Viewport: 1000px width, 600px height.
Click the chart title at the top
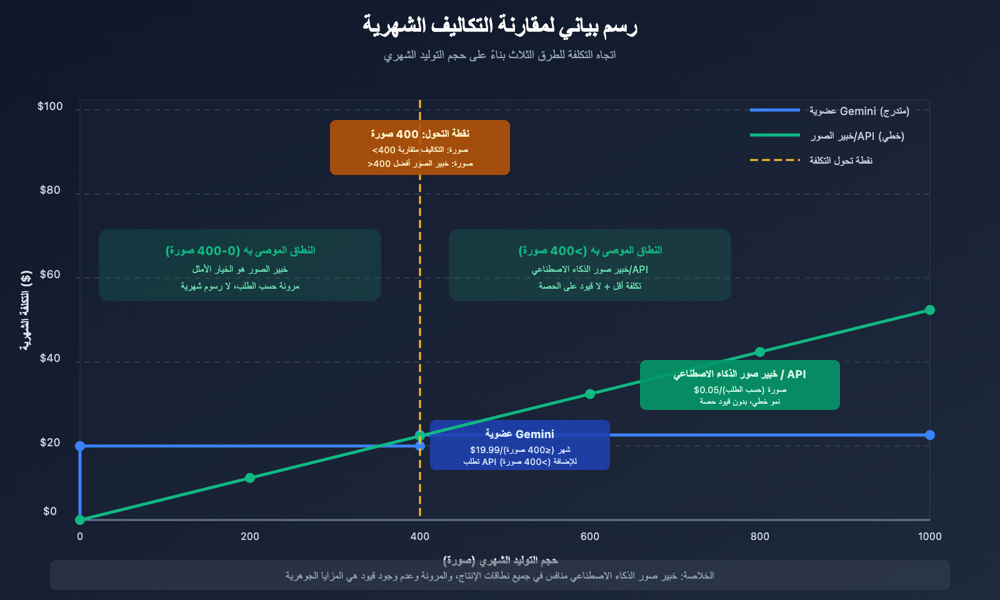pos(500,26)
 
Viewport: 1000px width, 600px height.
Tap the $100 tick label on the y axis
pos(50,106)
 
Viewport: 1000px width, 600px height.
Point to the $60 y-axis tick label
pos(50,274)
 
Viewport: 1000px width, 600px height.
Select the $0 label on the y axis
pos(50,511)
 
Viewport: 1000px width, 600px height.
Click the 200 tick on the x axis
pos(250,536)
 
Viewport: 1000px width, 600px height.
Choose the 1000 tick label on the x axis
pos(929,536)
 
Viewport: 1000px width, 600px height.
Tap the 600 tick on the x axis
pos(589,536)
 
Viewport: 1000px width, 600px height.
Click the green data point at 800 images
pos(760,352)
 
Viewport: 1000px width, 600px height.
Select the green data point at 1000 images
pos(930,310)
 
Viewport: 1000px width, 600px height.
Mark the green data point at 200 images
pos(250,478)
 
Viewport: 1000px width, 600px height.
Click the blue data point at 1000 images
pos(930,435)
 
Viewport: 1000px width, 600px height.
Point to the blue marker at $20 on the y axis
pos(80,446)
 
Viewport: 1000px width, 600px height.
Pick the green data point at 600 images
pos(590,394)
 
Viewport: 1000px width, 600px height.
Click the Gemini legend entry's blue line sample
pos(775,110)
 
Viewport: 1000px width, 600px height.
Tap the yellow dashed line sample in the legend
pos(775,160)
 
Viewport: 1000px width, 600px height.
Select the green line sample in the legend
pos(775,135)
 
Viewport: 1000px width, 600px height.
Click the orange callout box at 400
pos(420,147)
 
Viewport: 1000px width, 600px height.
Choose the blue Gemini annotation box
pos(520,445)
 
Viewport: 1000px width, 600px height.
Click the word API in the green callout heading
pos(796,374)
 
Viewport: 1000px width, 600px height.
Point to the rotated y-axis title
pos(26,311)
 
